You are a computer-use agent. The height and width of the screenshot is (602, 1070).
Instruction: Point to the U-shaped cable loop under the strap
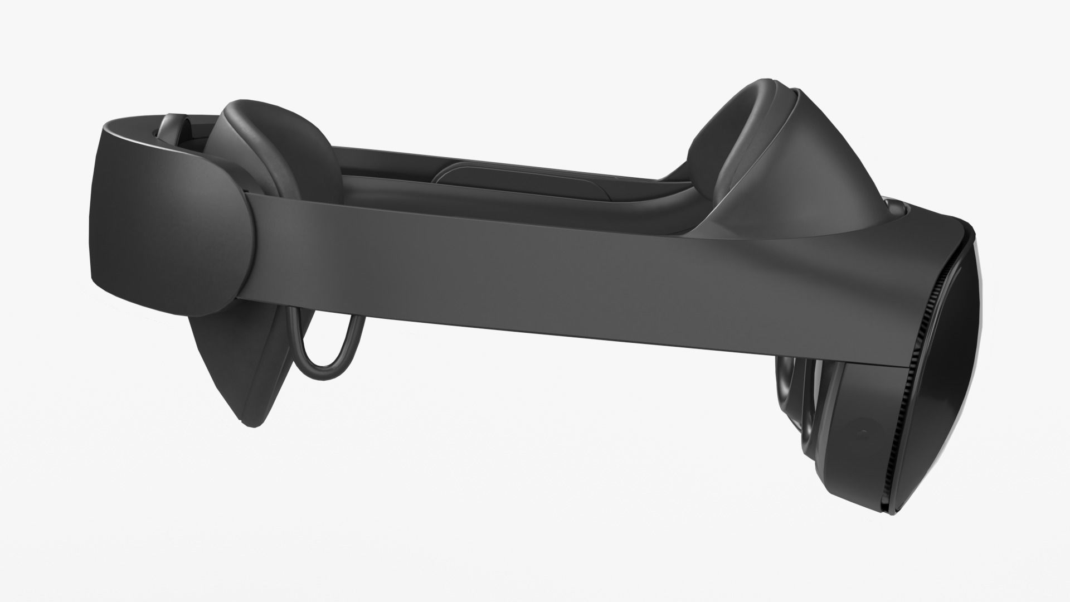[329, 357]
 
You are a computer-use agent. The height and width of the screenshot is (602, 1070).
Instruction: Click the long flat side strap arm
[502, 268]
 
